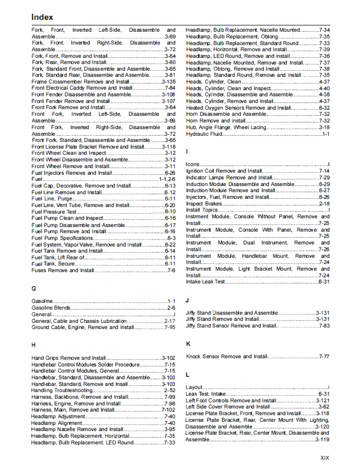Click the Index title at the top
tap(43, 17)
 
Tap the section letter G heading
tap(34, 289)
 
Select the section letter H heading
tap(34, 345)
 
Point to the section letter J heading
tap(187, 300)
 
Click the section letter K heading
tap(188, 344)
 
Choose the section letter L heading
tap(187, 375)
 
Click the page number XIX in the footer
tap(324, 458)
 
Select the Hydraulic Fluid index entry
tap(204, 134)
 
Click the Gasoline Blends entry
tap(51, 308)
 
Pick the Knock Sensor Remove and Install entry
tap(226, 356)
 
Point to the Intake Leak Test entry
tap(205, 281)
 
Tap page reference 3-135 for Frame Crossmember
tap(168, 82)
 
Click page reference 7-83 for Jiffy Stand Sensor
tap(324, 325)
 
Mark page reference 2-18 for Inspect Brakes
tap(324, 204)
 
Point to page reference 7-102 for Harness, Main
tap(168, 410)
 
